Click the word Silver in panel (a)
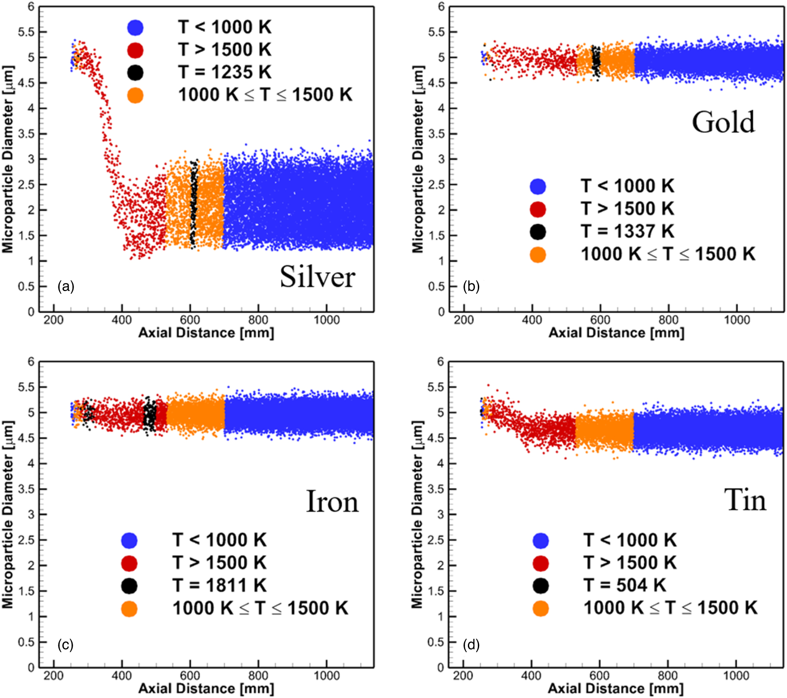tap(317, 276)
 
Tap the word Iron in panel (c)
tap(332, 502)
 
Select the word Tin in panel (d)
tap(745, 500)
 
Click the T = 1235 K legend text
tap(224, 72)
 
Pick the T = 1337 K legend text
tap(627, 231)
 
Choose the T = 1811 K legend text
tap(219, 585)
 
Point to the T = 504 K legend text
tap(624, 585)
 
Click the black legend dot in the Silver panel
tap(135, 72)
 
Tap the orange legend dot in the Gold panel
tap(538, 255)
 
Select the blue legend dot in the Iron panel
tap(129, 540)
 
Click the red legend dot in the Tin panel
tap(541, 563)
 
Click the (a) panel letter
tap(66, 286)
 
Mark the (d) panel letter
tap(471, 645)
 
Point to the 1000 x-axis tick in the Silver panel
tap(326, 320)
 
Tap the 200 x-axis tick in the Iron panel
tap(54, 676)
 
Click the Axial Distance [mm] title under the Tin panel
tap(616, 689)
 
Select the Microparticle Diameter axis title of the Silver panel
tap(8, 159)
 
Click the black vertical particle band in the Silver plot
tap(194, 203)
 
